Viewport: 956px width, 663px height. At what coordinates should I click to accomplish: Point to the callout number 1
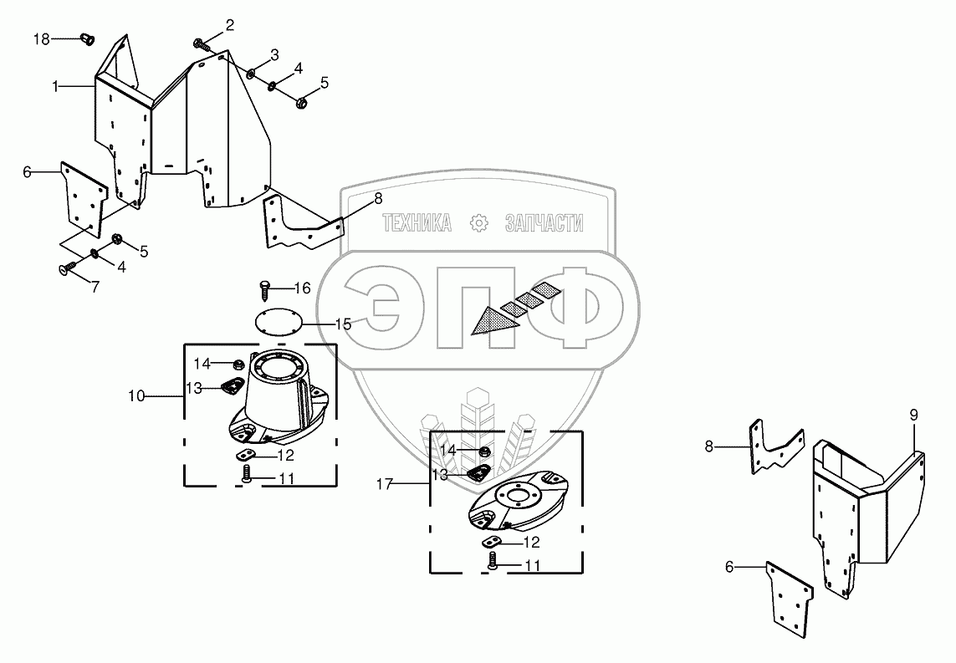click(55, 85)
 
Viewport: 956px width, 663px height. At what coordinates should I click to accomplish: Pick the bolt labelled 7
click(65, 268)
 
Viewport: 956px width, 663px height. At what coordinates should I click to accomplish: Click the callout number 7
click(95, 287)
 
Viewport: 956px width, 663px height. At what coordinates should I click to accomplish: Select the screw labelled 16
click(265, 288)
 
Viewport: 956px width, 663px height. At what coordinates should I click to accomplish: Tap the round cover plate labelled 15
click(276, 322)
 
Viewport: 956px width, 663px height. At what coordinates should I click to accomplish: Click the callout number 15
click(343, 324)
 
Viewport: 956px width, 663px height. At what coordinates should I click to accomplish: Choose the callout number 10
click(136, 395)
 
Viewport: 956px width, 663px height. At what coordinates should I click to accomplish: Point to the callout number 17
click(384, 483)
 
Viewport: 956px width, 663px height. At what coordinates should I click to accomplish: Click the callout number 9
click(913, 415)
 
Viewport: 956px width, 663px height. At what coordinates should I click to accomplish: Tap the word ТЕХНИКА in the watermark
click(417, 223)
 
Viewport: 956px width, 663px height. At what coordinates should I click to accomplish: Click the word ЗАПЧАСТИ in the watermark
click(544, 223)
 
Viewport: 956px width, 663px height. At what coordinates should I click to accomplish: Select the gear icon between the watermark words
click(478, 223)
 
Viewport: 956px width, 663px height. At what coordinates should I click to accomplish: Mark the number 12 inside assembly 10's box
click(285, 456)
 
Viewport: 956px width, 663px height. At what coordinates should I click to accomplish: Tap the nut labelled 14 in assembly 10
click(238, 365)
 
